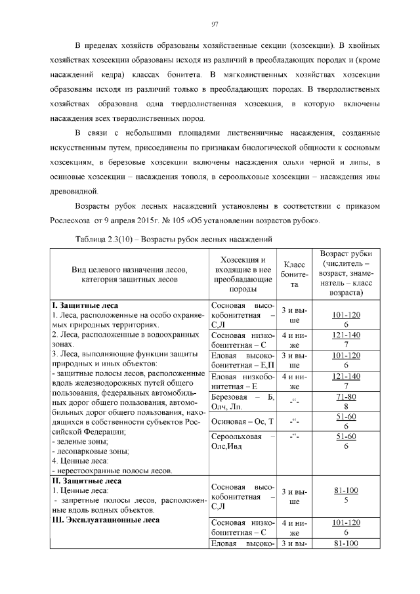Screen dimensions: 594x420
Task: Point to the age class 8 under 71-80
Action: tap(346, 407)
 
